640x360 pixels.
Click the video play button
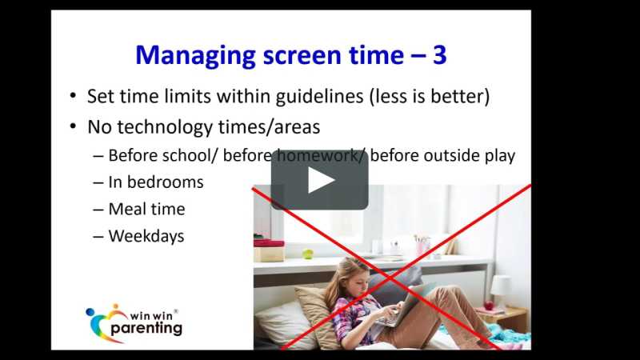[x=319, y=180]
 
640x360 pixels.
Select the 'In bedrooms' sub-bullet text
[x=155, y=182]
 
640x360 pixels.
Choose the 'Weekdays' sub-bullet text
[x=146, y=236]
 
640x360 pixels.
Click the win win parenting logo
[x=134, y=322]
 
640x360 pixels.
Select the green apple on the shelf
[x=307, y=254]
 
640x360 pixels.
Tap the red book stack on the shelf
[x=268, y=243]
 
